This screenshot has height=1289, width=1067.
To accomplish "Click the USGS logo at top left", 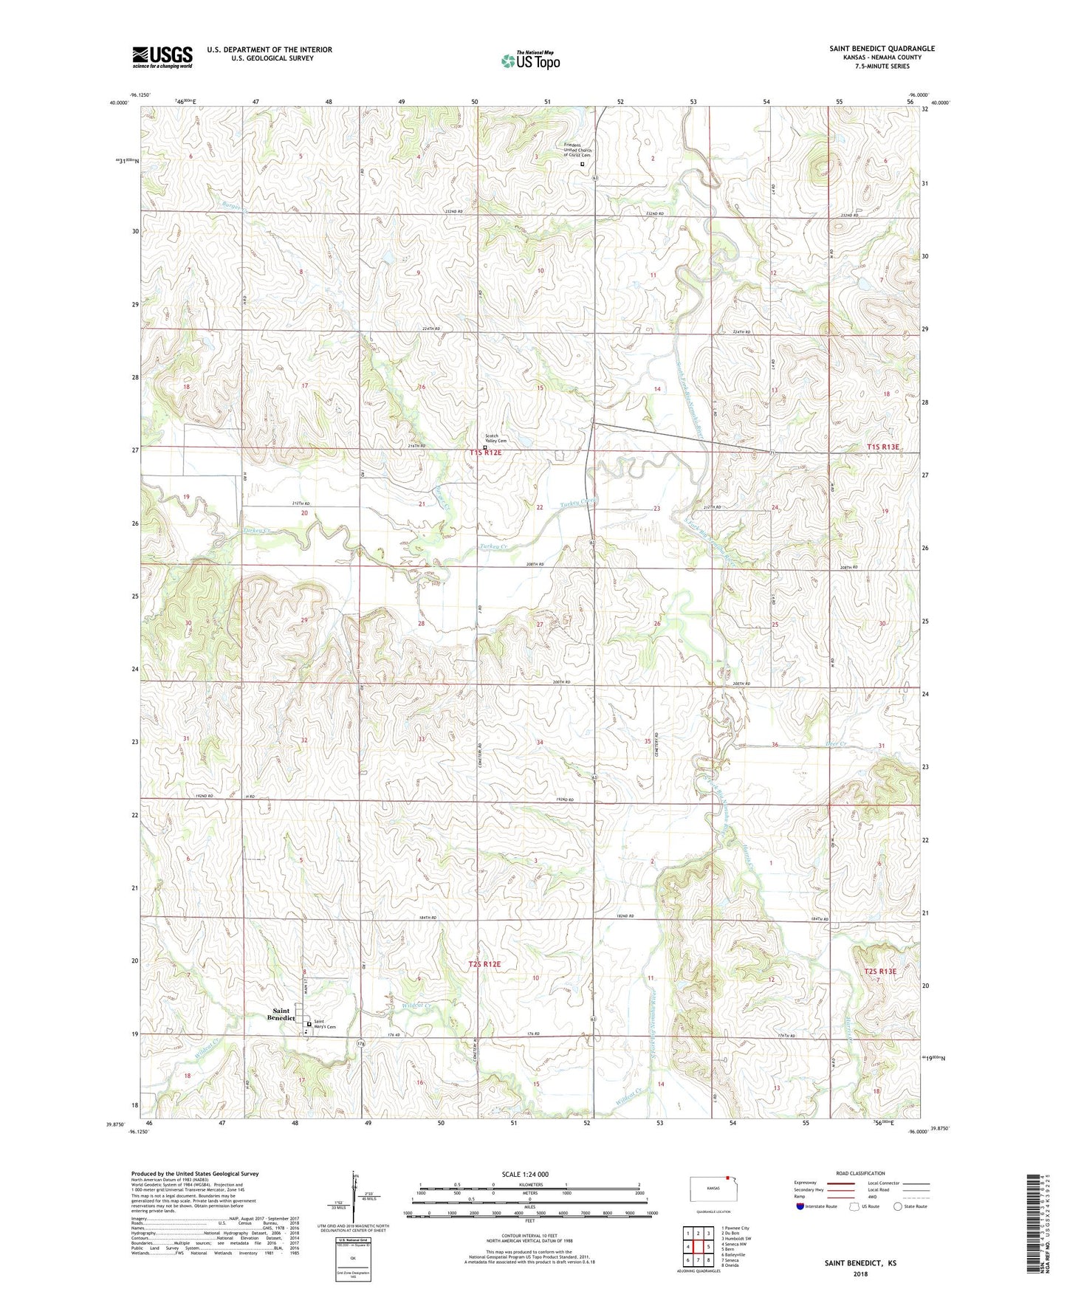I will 162,57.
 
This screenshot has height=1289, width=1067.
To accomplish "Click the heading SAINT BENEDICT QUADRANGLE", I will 882,49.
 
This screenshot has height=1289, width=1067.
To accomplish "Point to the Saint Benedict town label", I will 281,1014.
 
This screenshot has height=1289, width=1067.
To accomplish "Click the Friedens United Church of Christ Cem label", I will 577,150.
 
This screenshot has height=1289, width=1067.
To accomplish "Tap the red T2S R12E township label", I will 484,964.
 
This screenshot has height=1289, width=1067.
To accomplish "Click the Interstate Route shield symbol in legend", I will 800,1207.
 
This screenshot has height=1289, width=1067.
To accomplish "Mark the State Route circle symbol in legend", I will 898,1206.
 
